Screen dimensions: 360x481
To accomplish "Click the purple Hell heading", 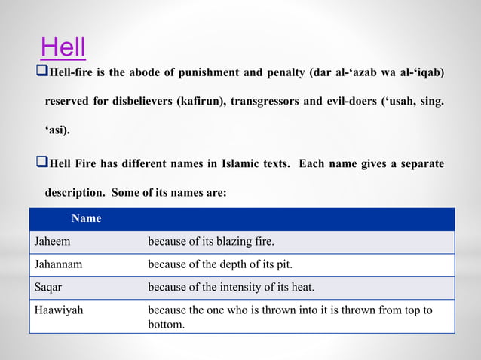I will pyautogui.click(x=63, y=47).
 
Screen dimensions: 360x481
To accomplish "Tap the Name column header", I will pyautogui.click(x=86, y=218).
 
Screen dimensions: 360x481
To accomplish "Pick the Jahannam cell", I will pyautogui.click(x=59, y=264).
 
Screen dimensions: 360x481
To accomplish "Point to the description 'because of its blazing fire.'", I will pyautogui.click(x=210, y=242).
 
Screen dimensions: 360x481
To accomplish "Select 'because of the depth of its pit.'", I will pyautogui.click(x=219, y=264).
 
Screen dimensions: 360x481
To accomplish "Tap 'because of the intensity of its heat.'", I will pyautogui.click(x=231, y=287).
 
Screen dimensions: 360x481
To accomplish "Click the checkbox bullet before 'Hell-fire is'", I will pyautogui.click(x=41, y=72).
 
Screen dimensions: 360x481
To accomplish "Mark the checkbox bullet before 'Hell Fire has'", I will pyautogui.click(x=41, y=163).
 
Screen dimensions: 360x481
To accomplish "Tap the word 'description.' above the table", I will pyautogui.click(x=75, y=193).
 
